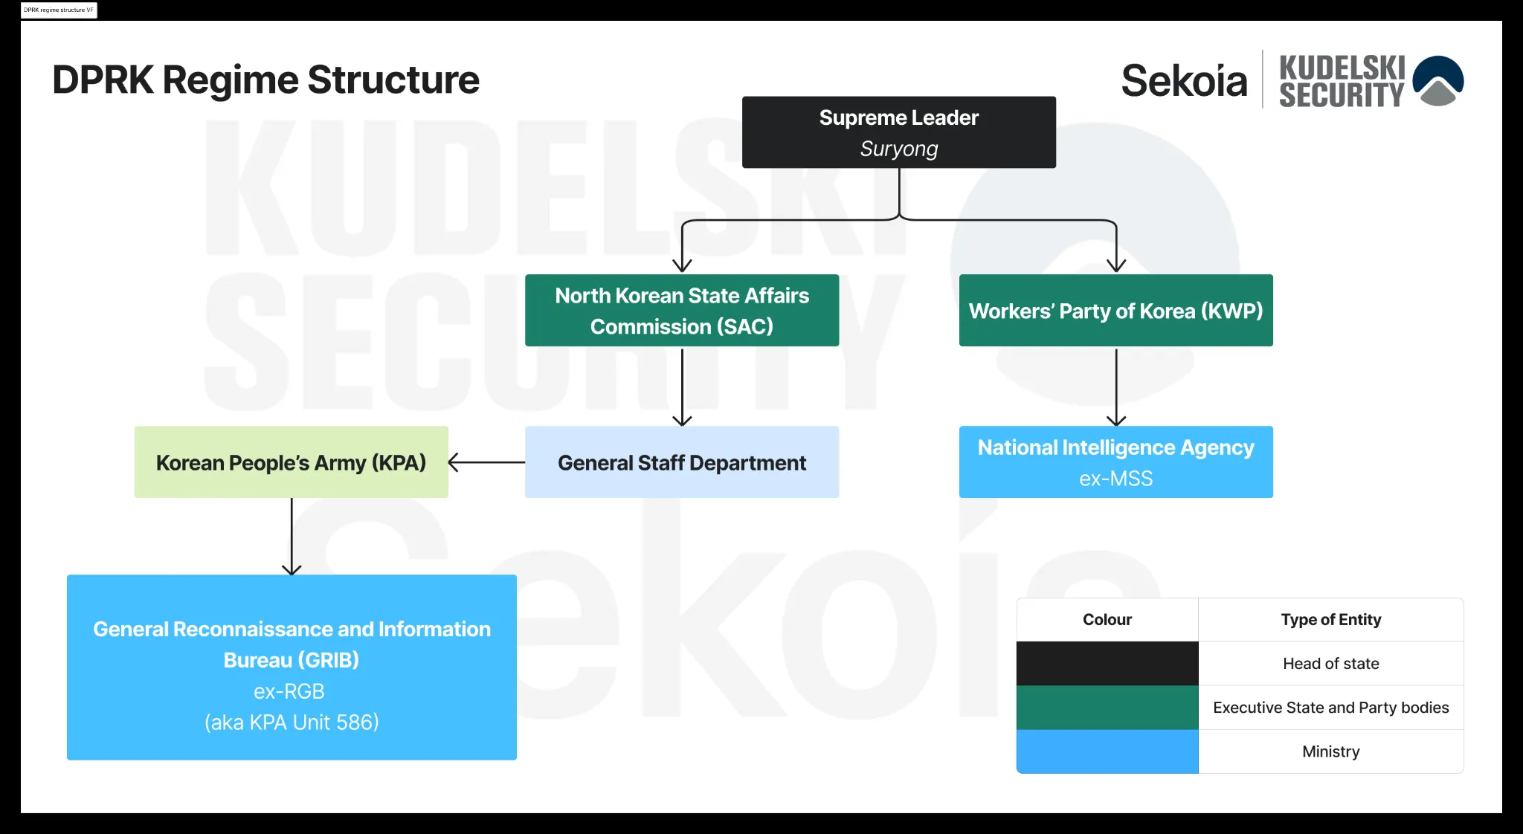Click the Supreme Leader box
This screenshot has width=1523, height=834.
[x=898, y=132]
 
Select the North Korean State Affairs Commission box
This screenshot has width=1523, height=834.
[x=682, y=310]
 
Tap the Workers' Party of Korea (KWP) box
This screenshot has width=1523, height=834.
[x=1115, y=310]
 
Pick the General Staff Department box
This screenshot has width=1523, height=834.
[x=682, y=462]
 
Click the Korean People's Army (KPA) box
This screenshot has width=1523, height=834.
[x=292, y=462]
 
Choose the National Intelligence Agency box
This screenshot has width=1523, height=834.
[x=1115, y=462]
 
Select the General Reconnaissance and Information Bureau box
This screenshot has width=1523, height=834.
[x=292, y=667]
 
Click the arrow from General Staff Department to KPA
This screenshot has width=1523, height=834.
[x=486, y=462]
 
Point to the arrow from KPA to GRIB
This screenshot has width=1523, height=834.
[x=292, y=536]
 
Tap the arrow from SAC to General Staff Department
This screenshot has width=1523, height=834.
[x=682, y=386]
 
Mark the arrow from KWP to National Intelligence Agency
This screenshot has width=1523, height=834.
[x=1116, y=386]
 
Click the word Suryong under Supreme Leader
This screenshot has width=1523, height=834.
[x=898, y=149]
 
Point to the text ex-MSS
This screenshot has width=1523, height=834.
[x=1115, y=479]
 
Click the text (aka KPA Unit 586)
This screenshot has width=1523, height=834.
[x=292, y=723]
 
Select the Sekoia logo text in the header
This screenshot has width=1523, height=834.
[x=1184, y=80]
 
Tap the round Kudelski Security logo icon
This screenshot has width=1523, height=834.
[x=1438, y=80]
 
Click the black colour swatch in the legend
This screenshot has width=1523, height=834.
[x=1107, y=663]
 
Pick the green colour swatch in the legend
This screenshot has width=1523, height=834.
[x=1107, y=707]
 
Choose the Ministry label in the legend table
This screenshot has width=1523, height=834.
[x=1330, y=751]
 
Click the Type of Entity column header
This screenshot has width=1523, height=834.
[x=1330, y=620]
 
